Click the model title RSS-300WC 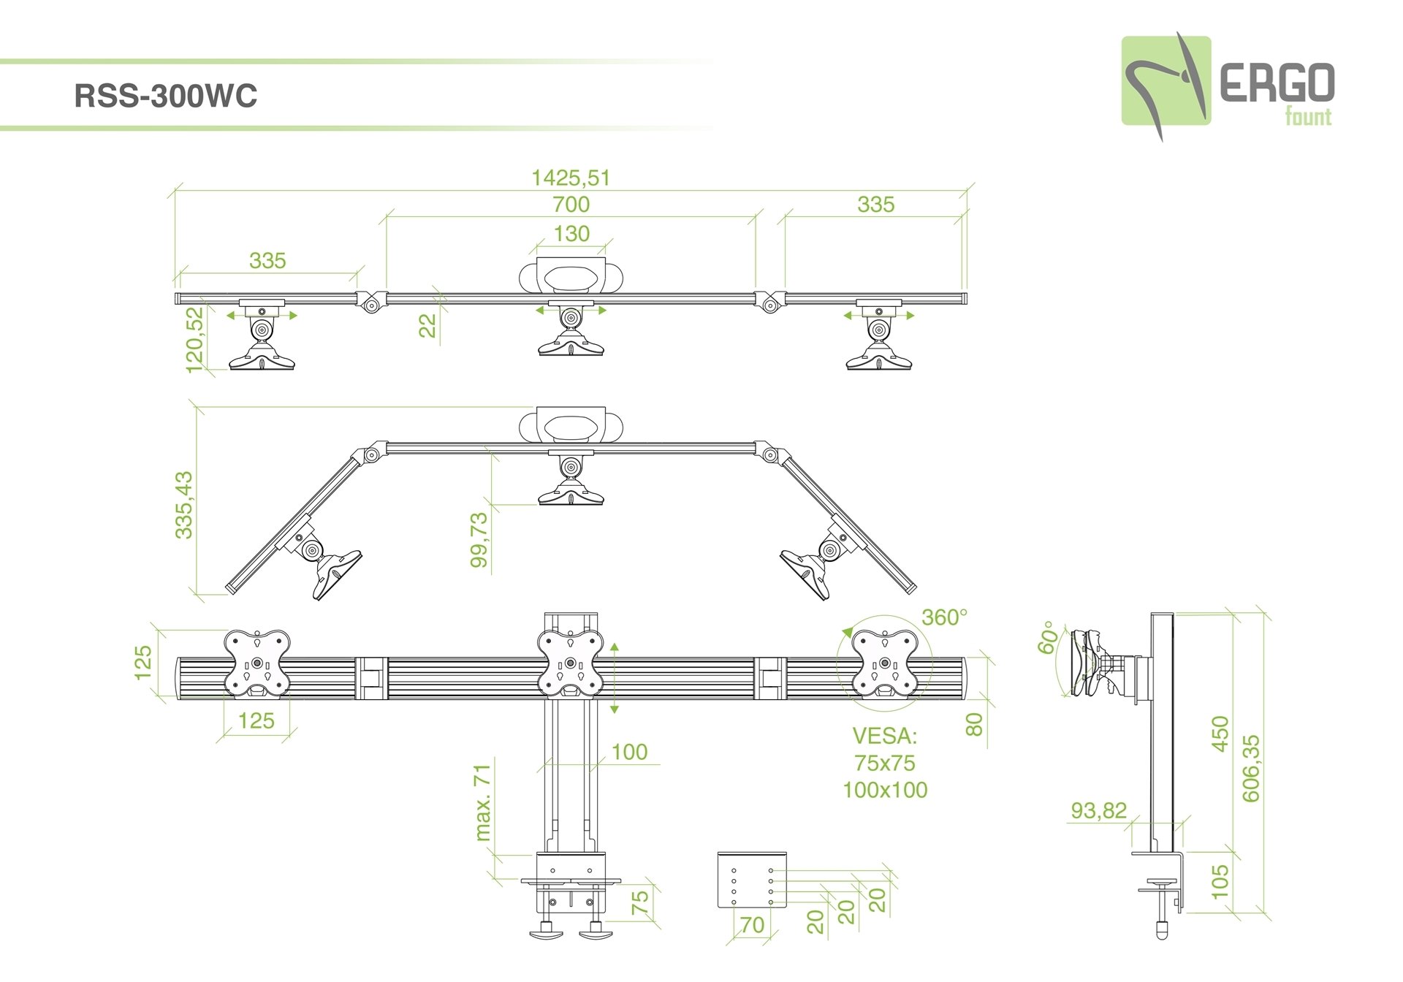(166, 96)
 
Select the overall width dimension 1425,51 (570, 178)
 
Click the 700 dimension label (571, 205)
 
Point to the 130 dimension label (571, 234)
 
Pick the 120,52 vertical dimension (195, 340)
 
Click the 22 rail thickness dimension (427, 325)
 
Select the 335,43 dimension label (184, 505)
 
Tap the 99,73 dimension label (479, 540)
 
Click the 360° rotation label (944, 617)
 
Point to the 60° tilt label (1047, 637)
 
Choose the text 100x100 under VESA (885, 790)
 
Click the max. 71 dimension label (482, 803)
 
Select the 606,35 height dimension (1251, 768)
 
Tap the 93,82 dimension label (1098, 810)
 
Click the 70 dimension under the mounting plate (752, 925)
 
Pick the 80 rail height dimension (974, 724)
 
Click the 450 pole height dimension (1220, 734)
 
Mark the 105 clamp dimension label (1220, 882)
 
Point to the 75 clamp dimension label (639, 902)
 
